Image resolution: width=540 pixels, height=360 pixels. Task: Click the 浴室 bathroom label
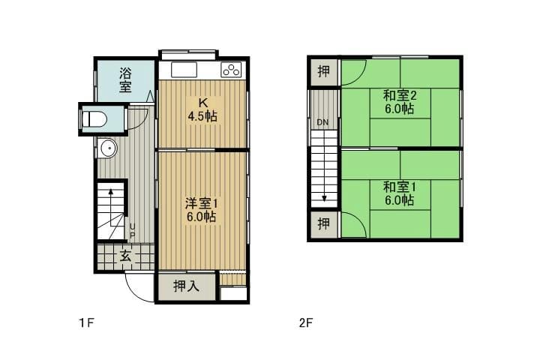[x=125, y=80]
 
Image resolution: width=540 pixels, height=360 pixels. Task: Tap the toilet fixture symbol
[x=94, y=118]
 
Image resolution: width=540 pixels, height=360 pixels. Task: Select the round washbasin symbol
[x=108, y=148]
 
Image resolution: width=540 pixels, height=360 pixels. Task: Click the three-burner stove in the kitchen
[x=231, y=70]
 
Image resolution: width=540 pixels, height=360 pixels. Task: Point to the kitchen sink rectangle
[x=184, y=70]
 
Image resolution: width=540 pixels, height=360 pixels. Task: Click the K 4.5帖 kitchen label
[x=202, y=109]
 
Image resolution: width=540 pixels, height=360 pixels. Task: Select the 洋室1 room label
[x=202, y=203]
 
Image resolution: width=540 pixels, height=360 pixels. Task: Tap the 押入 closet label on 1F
[x=186, y=286]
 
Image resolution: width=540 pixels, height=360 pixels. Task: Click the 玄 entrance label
[x=125, y=256]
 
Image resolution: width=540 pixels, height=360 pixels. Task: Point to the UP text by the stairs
[x=132, y=231]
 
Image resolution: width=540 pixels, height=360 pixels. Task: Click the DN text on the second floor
[x=322, y=122]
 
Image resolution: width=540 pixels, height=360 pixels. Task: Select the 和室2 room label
[x=400, y=95]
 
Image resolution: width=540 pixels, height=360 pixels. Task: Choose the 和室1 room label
[x=400, y=187]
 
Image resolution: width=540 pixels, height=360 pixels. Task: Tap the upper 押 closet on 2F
[x=324, y=71]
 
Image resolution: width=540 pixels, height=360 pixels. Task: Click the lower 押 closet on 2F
[x=324, y=224]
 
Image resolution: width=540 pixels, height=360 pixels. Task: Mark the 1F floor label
[x=86, y=322]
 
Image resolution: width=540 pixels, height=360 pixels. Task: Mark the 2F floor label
[x=305, y=322]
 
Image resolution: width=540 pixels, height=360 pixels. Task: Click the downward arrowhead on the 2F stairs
[x=324, y=199]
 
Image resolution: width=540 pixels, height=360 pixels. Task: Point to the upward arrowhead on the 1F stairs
[x=111, y=191]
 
